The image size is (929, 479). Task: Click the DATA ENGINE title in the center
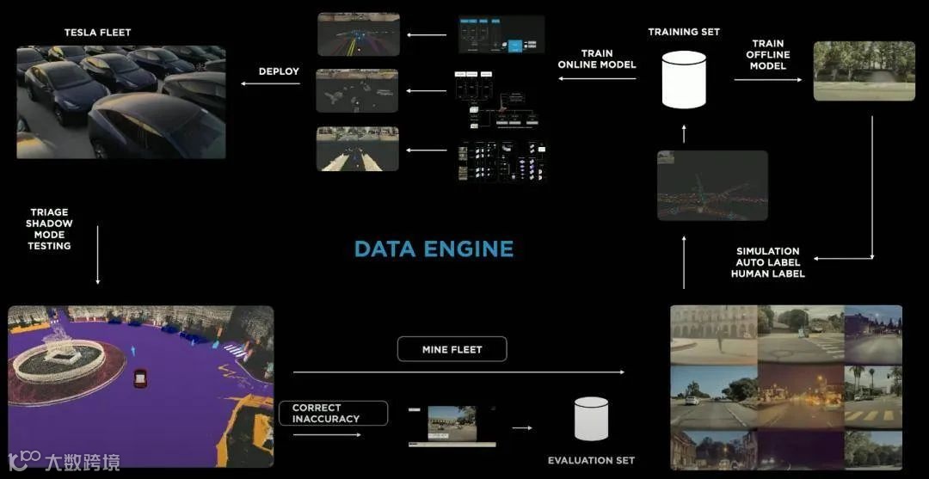click(434, 249)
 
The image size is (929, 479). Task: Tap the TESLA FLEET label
click(97, 33)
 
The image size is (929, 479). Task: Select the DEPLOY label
click(279, 71)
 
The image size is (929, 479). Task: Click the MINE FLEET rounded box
click(452, 349)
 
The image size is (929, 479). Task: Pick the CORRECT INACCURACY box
click(333, 414)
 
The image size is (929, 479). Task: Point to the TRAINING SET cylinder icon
click(684, 79)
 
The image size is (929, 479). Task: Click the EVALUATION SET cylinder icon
click(591, 419)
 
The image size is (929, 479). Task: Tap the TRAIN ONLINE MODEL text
click(597, 58)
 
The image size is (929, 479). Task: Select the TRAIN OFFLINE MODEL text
click(768, 54)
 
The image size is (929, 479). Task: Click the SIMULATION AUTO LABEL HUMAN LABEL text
click(767, 262)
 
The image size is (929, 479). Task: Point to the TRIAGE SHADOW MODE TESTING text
click(49, 229)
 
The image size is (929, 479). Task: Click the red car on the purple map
click(139, 378)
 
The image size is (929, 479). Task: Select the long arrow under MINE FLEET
click(458, 372)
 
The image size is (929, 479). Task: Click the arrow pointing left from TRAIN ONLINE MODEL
click(597, 79)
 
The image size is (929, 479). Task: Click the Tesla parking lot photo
click(121, 103)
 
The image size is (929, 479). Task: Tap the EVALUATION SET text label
click(591, 461)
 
